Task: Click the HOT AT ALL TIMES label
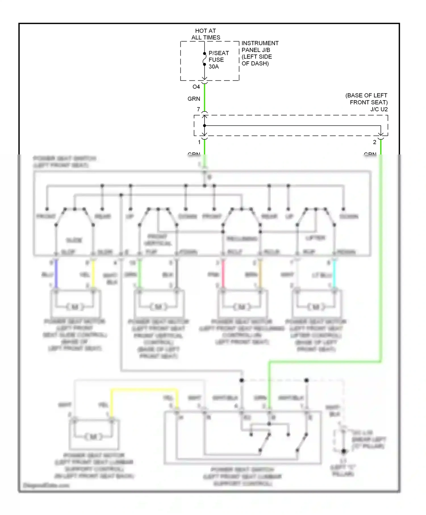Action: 206,34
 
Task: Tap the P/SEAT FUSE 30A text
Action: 218,60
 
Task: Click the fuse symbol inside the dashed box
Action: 204,59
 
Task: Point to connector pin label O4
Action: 196,87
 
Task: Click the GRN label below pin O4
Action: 194,99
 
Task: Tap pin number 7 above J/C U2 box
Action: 199,109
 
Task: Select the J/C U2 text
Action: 379,109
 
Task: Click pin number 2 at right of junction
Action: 375,142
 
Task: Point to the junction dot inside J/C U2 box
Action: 204,125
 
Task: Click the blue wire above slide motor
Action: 56,274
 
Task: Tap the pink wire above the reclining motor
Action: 223,274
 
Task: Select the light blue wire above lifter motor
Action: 334,274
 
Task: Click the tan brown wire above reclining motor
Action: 260,274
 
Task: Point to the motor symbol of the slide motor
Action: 75,307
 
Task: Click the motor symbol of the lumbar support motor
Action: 93,437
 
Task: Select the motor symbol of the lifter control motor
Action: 316,307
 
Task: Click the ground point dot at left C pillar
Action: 343,451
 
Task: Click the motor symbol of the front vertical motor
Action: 158,307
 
